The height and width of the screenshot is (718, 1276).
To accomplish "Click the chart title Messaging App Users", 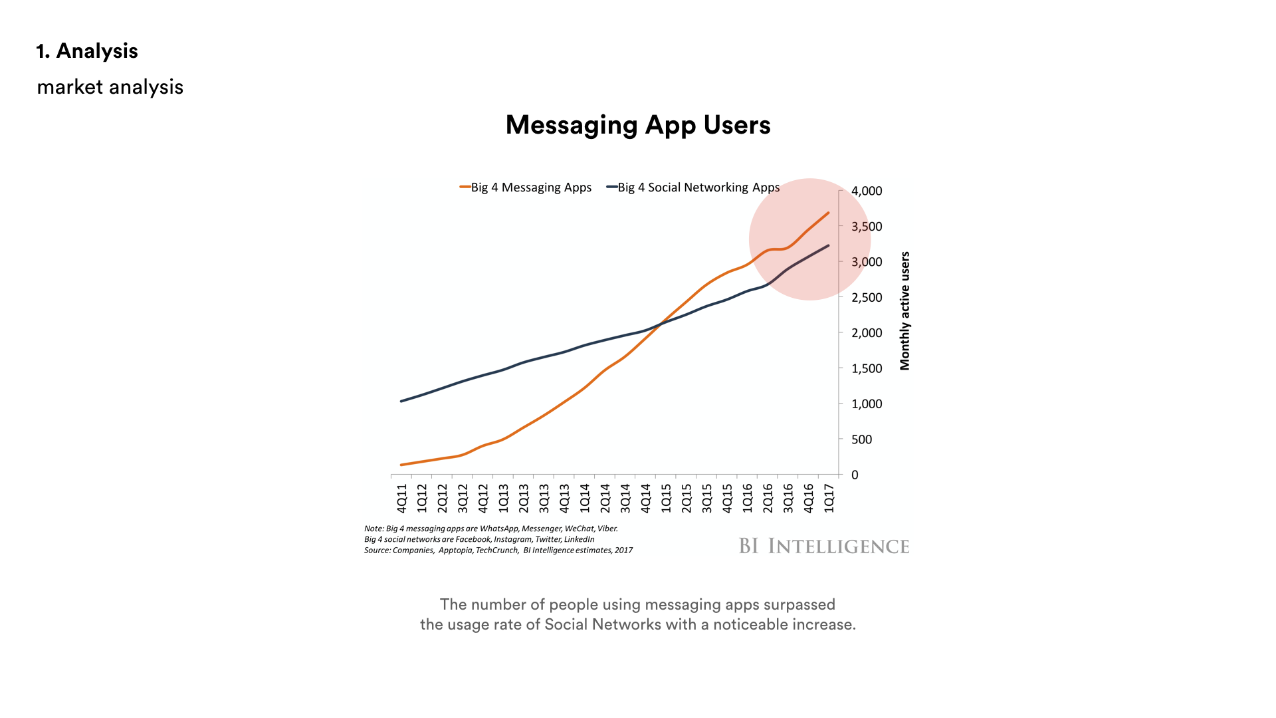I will pos(638,125).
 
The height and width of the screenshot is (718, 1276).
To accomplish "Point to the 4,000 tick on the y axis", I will pos(867,191).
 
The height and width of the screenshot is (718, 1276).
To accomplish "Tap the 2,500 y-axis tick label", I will pos(867,297).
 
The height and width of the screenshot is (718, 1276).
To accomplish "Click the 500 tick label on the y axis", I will pos(861,439).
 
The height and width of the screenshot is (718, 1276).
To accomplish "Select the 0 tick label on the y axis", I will pos(855,475).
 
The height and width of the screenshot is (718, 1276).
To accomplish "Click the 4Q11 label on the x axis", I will pos(401,499).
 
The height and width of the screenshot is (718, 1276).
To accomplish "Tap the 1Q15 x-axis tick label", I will pos(666,499).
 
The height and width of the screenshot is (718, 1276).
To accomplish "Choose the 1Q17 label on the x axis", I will pos(829,499).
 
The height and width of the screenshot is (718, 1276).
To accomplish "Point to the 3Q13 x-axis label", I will pos(544,499).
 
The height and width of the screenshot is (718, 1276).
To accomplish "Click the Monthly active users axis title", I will pos(904,310).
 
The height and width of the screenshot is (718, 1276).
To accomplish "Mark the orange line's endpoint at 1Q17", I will pos(828,213).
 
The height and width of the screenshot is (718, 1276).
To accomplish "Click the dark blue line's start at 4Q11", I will pos(401,401).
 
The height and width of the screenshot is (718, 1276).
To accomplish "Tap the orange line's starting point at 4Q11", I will pos(401,465).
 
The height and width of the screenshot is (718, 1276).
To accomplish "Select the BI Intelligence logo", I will pos(824,546).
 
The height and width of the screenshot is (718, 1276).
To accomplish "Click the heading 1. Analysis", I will pos(87,51).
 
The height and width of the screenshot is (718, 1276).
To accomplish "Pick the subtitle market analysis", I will pos(110,87).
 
